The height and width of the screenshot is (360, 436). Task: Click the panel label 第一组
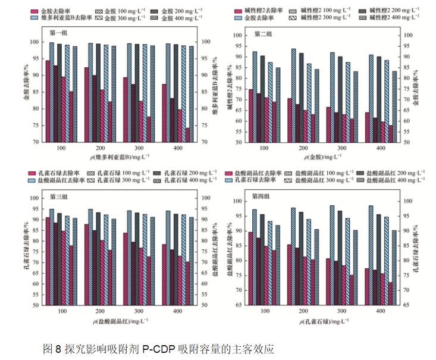click(x=58, y=33)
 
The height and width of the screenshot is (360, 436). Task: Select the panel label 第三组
click(x=58, y=196)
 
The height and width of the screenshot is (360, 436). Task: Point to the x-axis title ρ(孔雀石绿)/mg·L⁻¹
click(x=321, y=321)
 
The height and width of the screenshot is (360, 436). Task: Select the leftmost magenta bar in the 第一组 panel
click(x=48, y=101)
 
